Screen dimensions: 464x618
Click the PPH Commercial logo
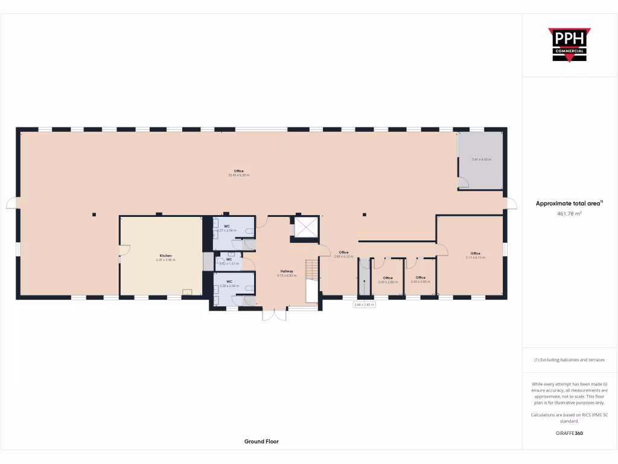(569, 45)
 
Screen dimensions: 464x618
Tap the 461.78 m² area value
(569, 213)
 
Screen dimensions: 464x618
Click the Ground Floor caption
(261, 442)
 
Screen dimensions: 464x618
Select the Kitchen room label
(165, 256)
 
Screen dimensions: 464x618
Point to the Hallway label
(287, 271)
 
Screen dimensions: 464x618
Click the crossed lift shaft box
(305, 227)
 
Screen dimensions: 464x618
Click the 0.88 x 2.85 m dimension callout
(364, 305)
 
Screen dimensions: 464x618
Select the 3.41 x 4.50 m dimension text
(481, 159)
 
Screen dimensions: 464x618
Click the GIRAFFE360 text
(569, 433)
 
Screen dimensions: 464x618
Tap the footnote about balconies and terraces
(569, 360)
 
